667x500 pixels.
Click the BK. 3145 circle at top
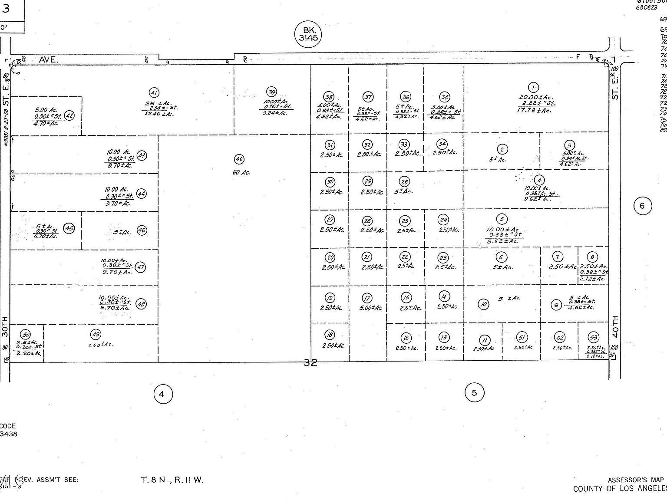pos(308,33)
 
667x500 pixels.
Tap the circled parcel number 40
pos(239,159)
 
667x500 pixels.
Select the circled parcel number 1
pos(533,88)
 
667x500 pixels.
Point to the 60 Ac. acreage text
pos(241,172)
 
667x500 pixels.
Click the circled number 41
pos(154,92)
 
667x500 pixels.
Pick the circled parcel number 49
pos(95,334)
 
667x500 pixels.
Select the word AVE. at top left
pos(48,60)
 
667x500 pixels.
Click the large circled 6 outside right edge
pos(642,206)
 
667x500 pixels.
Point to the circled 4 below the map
pos(163,395)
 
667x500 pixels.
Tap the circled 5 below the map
pos(474,393)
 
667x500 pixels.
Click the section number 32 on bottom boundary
pos(310,363)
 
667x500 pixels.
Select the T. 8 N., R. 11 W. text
pos(172,480)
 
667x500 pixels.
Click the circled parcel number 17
pos(367,298)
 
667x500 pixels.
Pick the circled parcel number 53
pos(593,338)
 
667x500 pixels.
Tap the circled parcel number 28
pos(404,181)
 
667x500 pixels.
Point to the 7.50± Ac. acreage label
pos(100,345)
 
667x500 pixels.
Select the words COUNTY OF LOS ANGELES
pos(620,489)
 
